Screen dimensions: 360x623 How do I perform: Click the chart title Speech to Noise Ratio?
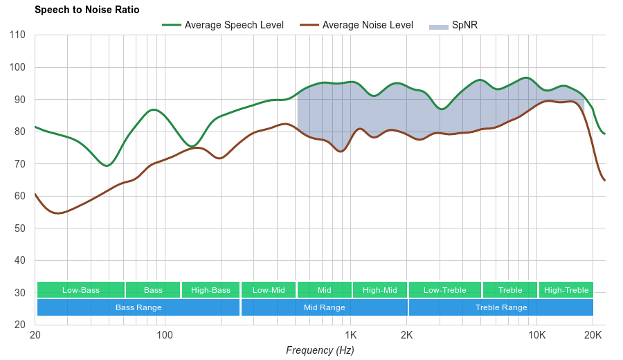[87, 10]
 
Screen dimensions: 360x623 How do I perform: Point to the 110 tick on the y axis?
[18, 35]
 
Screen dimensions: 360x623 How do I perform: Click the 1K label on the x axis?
[350, 336]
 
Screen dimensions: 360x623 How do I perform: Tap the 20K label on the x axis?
[593, 336]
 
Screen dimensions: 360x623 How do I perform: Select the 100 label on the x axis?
[164, 336]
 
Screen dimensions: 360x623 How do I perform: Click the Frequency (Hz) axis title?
[320, 350]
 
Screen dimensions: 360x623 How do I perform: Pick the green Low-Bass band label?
[81, 290]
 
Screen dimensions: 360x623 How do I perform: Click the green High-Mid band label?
[380, 290]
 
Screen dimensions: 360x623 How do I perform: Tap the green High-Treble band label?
[566, 290]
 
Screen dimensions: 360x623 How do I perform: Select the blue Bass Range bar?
[138, 307]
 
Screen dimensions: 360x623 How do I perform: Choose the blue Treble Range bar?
[501, 307]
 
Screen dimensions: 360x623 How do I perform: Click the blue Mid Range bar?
[324, 307]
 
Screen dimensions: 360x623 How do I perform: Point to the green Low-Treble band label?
[445, 290]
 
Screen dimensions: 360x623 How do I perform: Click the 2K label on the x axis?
[407, 336]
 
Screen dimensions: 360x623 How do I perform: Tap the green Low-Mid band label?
[269, 290]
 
